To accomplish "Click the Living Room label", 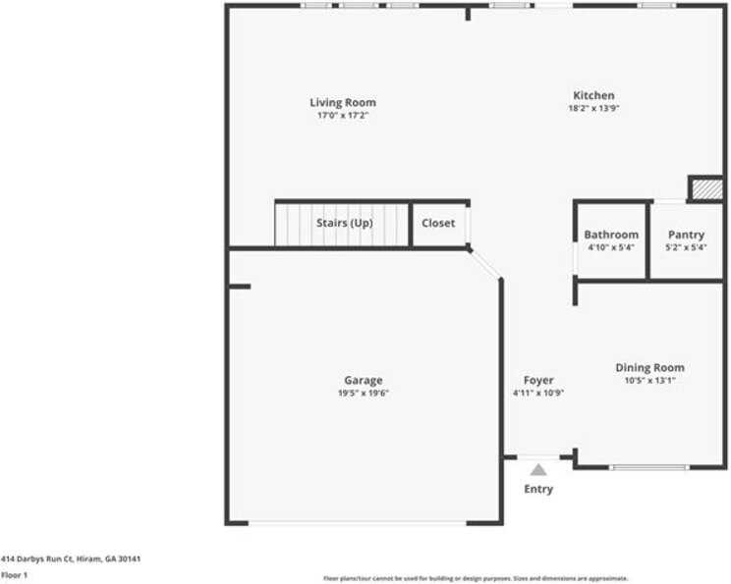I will pyautogui.click(x=342, y=102).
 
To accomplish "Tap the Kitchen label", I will pyautogui.click(x=593, y=95).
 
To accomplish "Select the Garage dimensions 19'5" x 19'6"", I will pyautogui.click(x=363, y=393).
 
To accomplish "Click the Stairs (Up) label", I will pyautogui.click(x=344, y=223).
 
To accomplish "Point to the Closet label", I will pyautogui.click(x=438, y=223).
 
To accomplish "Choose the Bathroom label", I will pyautogui.click(x=611, y=235).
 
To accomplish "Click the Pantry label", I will pyautogui.click(x=686, y=235).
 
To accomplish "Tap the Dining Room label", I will pyautogui.click(x=649, y=367).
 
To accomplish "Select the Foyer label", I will pyautogui.click(x=537, y=380).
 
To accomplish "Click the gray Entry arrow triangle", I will pyautogui.click(x=538, y=470).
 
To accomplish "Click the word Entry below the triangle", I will pyautogui.click(x=538, y=489).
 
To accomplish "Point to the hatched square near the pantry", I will pyautogui.click(x=706, y=189).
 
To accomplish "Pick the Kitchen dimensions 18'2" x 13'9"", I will pyautogui.click(x=593, y=108).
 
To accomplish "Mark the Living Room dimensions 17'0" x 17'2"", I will pyautogui.click(x=342, y=115).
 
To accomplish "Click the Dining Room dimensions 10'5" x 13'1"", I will pyautogui.click(x=649, y=380).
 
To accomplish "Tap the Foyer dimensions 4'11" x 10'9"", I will pyautogui.click(x=537, y=393).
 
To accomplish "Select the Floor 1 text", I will pyautogui.click(x=14, y=575).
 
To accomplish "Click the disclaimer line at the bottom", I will pyautogui.click(x=476, y=578).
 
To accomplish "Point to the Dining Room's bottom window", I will pyautogui.click(x=649, y=467).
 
